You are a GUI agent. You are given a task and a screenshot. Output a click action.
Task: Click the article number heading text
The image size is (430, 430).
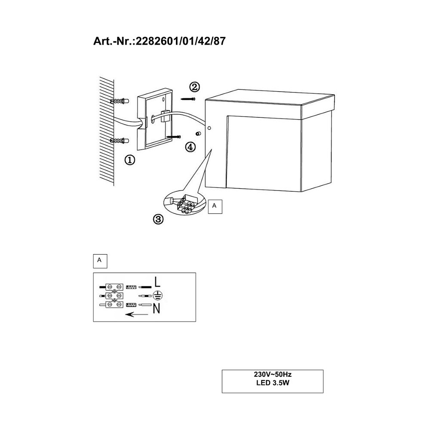coord(160,41)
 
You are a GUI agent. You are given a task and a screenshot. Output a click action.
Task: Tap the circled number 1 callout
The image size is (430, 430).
coord(130,160)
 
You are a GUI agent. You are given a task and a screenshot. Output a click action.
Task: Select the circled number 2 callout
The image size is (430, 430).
coord(194,87)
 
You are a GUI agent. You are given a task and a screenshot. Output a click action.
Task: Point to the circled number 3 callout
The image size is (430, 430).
coord(158,219)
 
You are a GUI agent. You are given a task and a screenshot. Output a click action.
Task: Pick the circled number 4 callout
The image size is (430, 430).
coord(190,147)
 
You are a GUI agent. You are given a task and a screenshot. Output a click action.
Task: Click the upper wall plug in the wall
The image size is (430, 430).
coord(120,101)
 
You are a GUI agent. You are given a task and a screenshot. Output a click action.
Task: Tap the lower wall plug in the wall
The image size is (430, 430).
coord(120,141)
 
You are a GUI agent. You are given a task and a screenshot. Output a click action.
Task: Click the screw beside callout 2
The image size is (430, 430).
coord(188,99)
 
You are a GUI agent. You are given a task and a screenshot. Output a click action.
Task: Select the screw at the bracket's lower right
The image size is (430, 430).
coord(173,136)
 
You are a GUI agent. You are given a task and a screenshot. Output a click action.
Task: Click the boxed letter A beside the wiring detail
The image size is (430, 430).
coord(215,206)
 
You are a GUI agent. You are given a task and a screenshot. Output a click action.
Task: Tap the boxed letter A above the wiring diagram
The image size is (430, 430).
coord(100,261)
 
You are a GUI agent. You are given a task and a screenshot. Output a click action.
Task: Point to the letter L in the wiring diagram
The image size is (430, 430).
coord(157,282)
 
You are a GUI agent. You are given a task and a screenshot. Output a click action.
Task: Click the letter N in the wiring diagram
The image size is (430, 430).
coord(157,309)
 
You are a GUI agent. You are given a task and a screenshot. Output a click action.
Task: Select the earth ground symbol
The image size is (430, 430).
coord(157,296)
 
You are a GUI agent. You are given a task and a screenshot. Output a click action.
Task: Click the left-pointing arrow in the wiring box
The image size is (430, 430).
coord(137,314)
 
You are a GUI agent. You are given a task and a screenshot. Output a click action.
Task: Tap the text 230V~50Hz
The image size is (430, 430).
coord(273,375)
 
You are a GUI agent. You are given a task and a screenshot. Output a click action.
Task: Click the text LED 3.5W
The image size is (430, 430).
coord(273,383)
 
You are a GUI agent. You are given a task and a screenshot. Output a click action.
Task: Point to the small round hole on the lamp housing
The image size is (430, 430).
coord(209,128)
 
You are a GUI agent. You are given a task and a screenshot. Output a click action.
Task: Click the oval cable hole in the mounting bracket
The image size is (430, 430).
coord(153,118)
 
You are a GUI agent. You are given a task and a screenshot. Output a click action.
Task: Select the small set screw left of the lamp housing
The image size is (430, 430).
coord(197,134)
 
